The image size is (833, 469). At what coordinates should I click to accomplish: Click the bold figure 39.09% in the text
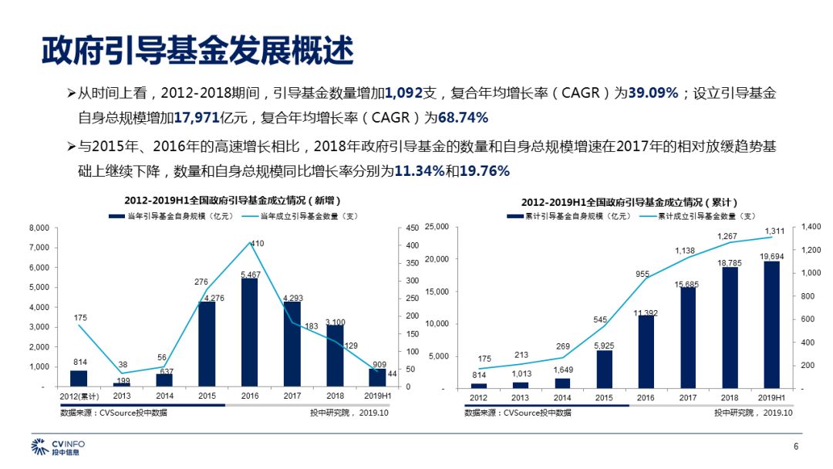653,93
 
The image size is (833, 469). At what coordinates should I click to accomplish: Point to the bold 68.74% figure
464,118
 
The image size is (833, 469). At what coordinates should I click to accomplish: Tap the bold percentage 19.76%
484,170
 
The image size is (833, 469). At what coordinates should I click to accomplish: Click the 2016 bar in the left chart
249,332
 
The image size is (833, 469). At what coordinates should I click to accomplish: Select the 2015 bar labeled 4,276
207,344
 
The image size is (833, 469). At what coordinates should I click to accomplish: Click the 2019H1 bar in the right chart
771,325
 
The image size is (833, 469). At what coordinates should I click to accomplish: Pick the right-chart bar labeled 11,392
646,352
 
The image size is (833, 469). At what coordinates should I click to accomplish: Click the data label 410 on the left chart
258,244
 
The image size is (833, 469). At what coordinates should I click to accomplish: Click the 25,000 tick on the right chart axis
437,227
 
